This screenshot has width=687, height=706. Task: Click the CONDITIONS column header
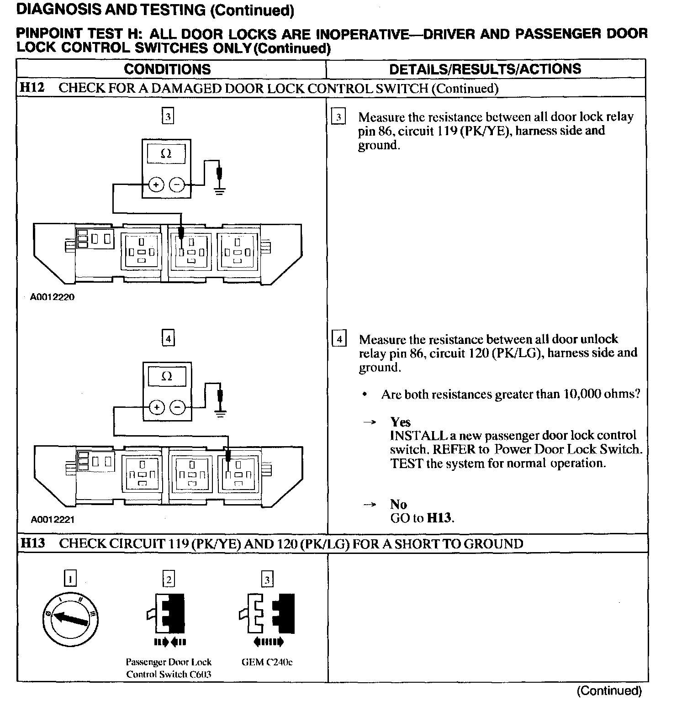[x=167, y=69]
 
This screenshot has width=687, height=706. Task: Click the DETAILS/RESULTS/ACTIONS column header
[x=485, y=69]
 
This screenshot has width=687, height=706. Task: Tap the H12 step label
[x=32, y=88]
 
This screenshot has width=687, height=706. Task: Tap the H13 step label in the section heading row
[x=33, y=543]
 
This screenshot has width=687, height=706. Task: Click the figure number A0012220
[x=52, y=297]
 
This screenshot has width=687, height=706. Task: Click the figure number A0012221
[x=53, y=519]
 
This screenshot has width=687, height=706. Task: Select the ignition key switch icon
[x=70, y=619]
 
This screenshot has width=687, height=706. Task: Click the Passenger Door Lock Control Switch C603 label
[x=169, y=668]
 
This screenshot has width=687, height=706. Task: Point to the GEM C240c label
[x=267, y=662]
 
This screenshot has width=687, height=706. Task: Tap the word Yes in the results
[x=400, y=422]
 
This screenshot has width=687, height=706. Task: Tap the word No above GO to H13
[x=398, y=504]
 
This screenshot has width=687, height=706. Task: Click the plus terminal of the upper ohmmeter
[x=156, y=185]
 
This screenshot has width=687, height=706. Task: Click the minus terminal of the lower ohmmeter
[x=177, y=407]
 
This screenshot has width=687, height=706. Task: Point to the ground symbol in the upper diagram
[x=220, y=190]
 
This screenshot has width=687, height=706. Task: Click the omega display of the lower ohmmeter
[x=167, y=376]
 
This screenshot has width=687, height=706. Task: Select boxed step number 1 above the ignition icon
[x=70, y=580]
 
